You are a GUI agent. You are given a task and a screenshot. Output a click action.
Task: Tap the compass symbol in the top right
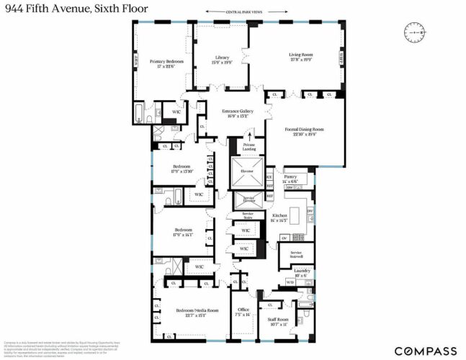tap(416, 32)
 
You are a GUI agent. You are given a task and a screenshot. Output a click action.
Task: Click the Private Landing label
tap(249, 147)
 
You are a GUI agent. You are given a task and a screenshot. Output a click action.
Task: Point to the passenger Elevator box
tap(246, 171)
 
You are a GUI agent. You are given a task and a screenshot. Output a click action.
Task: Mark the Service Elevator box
tap(248, 198)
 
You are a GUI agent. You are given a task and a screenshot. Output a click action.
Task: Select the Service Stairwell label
tap(295, 254)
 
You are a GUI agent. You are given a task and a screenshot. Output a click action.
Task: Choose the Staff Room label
tap(278, 321)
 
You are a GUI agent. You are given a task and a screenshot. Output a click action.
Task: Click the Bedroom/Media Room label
tap(191, 312)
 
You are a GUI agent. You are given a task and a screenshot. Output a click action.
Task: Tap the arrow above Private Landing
tap(250, 135)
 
